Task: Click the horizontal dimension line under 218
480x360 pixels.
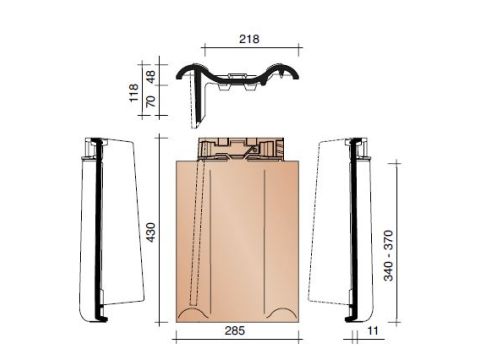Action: pyautogui.click(x=251, y=46)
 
